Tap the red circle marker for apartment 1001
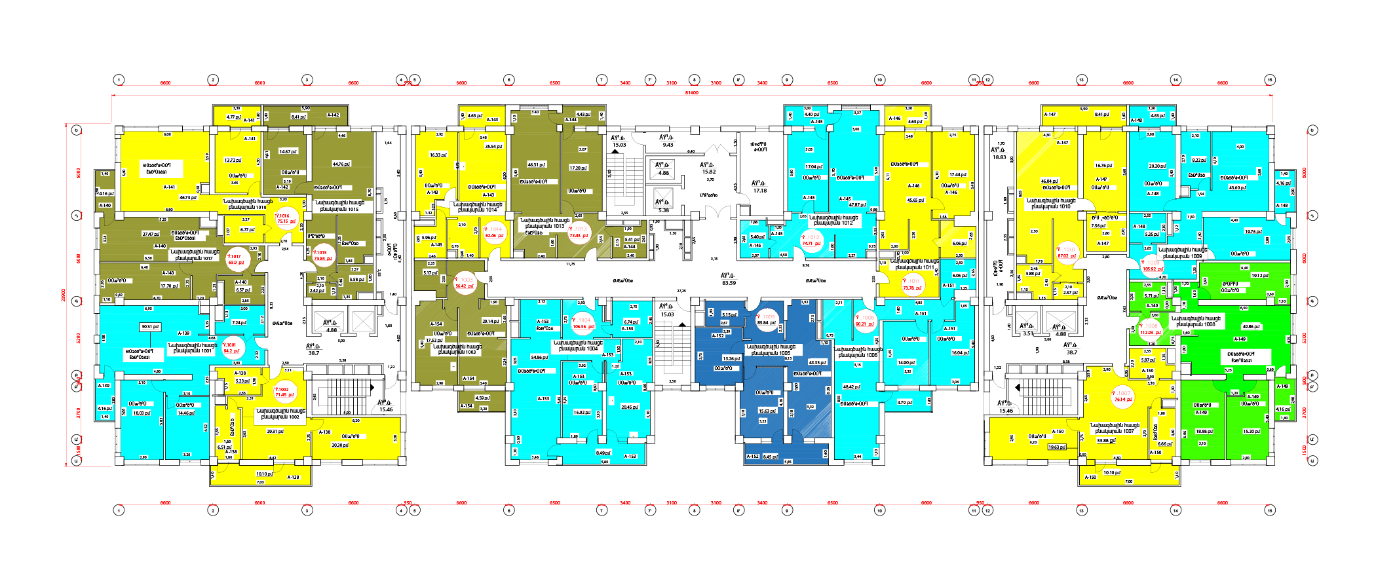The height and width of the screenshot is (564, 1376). (x=231, y=347)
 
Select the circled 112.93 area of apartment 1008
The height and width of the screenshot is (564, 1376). (x=1151, y=329)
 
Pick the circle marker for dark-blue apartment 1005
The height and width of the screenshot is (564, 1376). (x=766, y=320)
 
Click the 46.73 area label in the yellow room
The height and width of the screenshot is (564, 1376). (x=189, y=197)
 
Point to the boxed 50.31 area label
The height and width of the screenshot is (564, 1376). (x=151, y=326)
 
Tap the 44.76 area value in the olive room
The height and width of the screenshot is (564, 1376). (x=341, y=164)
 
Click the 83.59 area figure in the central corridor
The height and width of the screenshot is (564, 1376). (x=729, y=283)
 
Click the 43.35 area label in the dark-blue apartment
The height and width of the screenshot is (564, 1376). (x=817, y=362)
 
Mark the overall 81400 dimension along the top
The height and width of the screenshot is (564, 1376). (x=691, y=93)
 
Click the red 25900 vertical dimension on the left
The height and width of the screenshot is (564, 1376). (x=64, y=295)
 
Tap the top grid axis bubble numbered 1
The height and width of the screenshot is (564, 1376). (x=119, y=80)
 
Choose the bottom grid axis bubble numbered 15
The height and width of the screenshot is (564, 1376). (x=1270, y=510)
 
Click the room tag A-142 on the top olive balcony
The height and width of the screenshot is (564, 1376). (x=333, y=115)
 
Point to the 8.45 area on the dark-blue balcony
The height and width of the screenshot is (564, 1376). (x=771, y=457)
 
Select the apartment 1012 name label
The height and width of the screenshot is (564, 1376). (x=831, y=220)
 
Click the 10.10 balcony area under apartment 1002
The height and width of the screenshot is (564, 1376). (x=265, y=474)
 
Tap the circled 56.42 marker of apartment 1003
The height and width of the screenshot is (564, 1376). (x=465, y=283)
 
